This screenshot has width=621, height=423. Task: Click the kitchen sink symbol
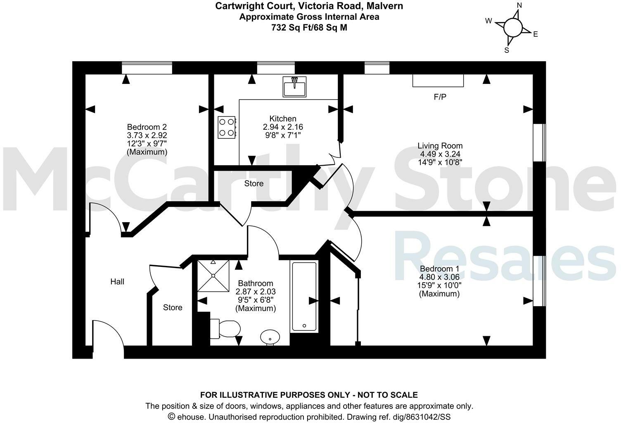tap(294, 87)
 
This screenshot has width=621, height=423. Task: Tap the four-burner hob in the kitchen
tap(227, 127)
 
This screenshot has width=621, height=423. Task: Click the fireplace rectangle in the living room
tap(438, 81)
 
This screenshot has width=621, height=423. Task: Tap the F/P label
tap(440, 97)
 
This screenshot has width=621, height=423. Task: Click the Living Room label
tap(440, 146)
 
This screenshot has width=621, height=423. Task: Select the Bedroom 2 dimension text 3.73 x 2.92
tap(147, 135)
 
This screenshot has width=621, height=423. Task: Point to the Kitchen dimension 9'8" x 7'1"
tap(283, 135)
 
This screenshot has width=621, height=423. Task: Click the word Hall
tap(117, 282)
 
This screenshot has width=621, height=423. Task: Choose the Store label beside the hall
tap(173, 307)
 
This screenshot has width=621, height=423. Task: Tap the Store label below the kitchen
tap(254, 183)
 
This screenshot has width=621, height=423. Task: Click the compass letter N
tap(519, 5)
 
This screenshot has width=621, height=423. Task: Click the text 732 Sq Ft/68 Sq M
tap(309, 28)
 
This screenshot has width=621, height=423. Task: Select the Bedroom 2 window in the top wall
tap(147, 68)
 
